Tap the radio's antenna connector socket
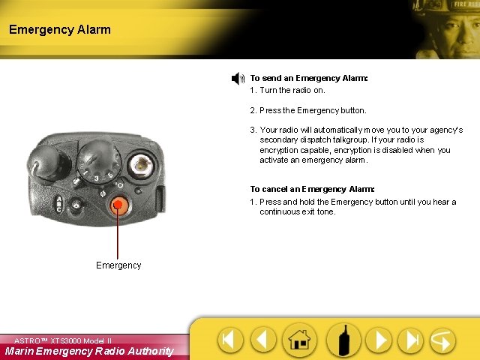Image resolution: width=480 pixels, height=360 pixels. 140,164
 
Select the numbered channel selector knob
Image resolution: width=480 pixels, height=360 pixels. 97,157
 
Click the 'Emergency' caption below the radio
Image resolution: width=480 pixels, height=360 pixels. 118,265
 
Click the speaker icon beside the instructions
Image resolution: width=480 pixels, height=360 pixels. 238,79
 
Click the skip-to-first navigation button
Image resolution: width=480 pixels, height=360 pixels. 230,340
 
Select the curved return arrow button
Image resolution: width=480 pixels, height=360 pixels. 442,340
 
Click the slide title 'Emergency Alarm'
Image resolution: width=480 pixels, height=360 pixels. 60,30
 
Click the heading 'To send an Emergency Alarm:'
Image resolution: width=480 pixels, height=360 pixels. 308,78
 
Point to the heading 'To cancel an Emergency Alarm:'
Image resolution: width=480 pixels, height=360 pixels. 312,190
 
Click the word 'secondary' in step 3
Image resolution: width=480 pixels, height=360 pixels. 279,140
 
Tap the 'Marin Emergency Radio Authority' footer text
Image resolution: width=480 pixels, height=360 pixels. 89,351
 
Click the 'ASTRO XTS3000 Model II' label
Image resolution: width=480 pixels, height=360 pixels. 63,340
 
